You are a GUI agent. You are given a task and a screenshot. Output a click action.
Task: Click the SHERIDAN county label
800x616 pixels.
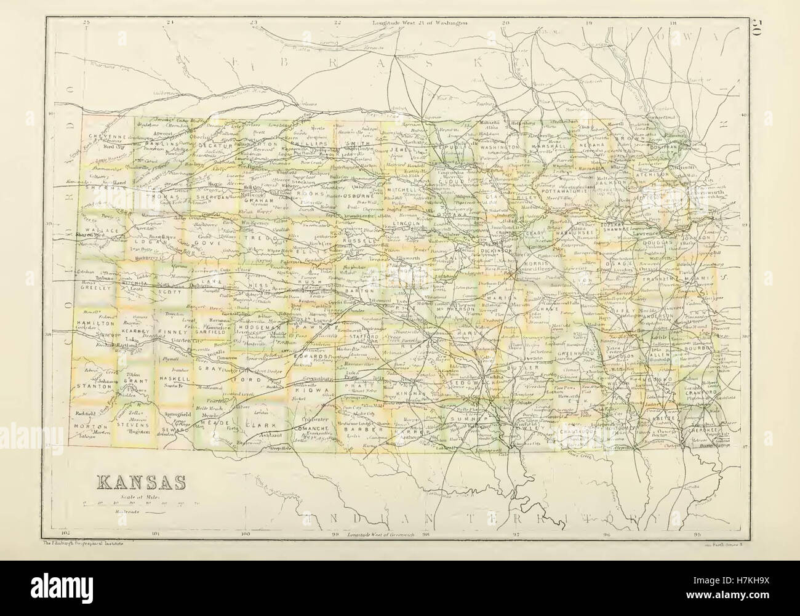[214, 199]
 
